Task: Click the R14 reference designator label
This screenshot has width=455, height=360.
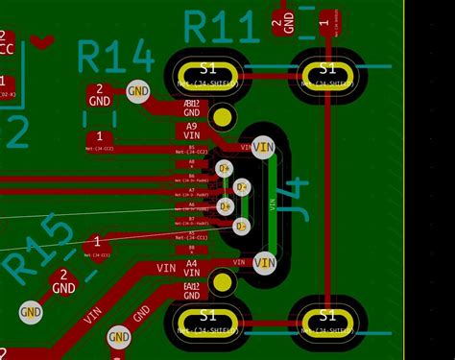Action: point(116,58)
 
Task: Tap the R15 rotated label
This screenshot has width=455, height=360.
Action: point(38,250)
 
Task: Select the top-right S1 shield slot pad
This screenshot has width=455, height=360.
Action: point(327,69)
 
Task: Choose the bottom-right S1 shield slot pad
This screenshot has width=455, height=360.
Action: point(327,317)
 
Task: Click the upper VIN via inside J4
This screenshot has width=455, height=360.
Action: point(264,147)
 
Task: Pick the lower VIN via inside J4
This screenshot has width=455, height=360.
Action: point(264,262)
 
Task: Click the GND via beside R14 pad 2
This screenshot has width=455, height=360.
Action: point(139,92)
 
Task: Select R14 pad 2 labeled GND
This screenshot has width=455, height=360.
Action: point(100,94)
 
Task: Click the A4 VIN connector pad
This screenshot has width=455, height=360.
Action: point(191,264)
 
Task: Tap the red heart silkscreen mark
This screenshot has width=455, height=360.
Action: point(41,40)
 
